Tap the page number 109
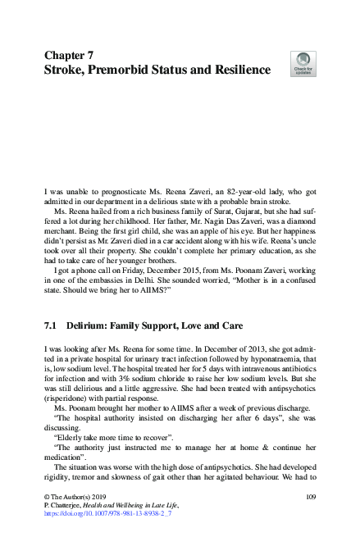tap(310, 498)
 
